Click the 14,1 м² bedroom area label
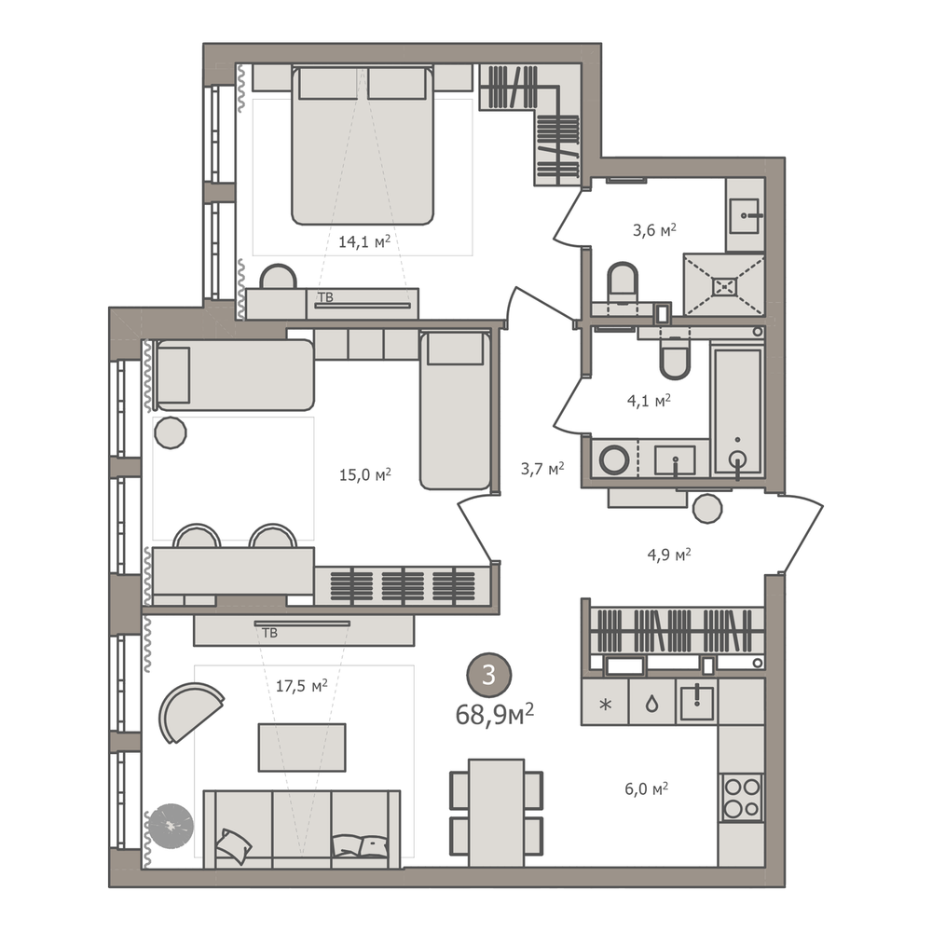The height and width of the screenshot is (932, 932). coord(364,241)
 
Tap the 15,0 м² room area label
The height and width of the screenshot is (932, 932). coord(365,474)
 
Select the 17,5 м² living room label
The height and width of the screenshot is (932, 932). coord(301,686)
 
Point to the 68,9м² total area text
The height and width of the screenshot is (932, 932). coord(495,714)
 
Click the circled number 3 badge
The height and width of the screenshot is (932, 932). coord(488,675)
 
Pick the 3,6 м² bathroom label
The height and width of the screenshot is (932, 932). coord(654,229)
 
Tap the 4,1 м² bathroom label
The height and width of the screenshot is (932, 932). coord(649,401)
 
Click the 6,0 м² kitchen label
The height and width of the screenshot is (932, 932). coord(647,788)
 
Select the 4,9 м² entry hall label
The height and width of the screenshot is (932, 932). coord(669,555)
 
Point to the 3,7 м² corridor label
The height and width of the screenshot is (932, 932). coord(542,469)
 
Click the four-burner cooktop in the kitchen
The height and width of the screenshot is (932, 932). coord(741,798)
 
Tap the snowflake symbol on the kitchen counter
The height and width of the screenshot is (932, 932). coord(605,705)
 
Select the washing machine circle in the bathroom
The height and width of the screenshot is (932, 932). coord(614,459)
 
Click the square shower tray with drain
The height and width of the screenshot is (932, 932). coord(724,285)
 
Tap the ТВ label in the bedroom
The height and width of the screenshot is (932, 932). coord(325,296)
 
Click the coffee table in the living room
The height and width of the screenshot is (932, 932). coord(302,747)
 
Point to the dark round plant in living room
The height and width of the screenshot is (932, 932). coord(171,826)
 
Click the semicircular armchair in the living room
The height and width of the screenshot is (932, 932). coord(187,711)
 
